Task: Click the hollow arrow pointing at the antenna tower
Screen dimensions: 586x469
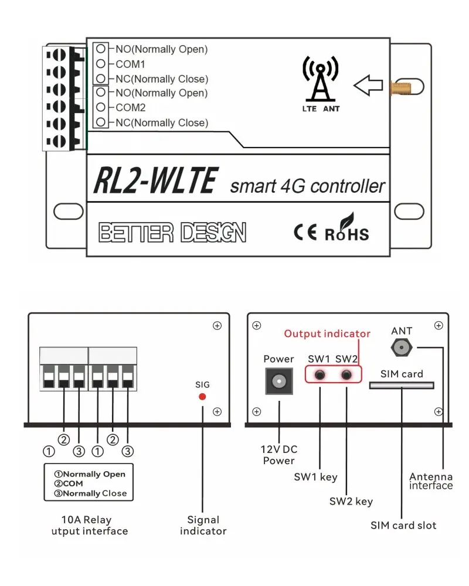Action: point(368,86)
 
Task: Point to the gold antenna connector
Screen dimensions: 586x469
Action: point(398,87)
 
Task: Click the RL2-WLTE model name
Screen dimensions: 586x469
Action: point(156,180)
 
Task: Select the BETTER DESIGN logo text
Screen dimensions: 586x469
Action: point(172,233)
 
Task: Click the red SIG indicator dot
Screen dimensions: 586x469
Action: point(202,397)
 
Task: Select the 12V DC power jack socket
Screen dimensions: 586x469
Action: point(278,382)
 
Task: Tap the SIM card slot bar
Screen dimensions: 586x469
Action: point(402,385)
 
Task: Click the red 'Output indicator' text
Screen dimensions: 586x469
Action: point(327,334)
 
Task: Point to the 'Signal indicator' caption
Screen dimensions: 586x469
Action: point(203,525)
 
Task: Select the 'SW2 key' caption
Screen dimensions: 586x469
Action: point(351,501)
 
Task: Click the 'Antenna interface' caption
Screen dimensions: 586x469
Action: point(431,481)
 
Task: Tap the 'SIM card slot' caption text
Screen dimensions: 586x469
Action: point(403,525)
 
